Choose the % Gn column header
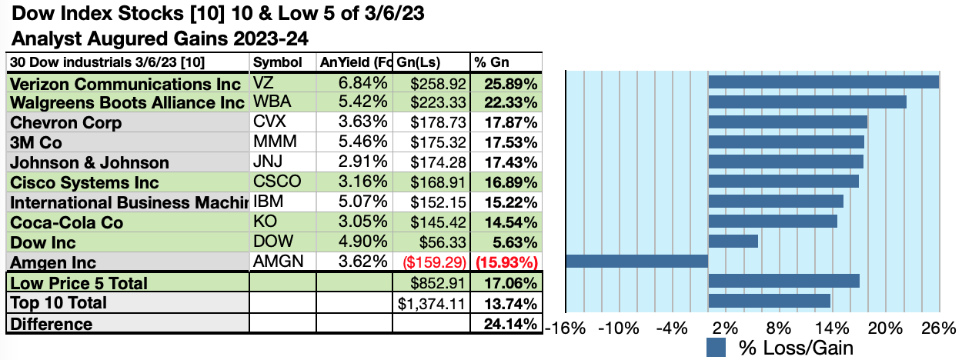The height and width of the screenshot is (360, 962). [x=493, y=62]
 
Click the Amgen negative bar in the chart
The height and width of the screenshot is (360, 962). [x=636, y=261]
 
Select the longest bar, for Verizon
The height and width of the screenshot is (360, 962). [x=823, y=82]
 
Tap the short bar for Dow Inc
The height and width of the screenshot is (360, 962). [x=733, y=241]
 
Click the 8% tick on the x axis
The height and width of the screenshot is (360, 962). [x=780, y=328]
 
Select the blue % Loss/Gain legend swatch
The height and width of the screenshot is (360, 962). [x=716, y=348]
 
